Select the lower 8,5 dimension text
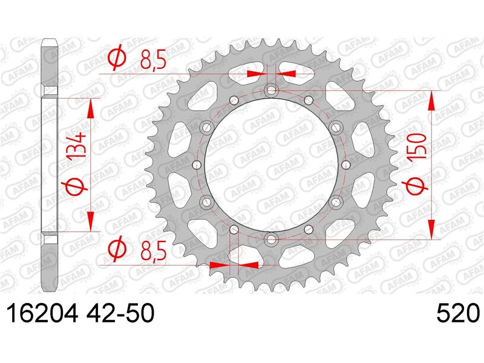click(152, 249)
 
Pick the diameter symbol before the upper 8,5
click(116, 59)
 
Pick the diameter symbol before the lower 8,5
click(116, 249)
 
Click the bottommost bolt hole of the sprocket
click(270, 240)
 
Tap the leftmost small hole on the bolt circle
click(195, 166)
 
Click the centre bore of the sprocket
click(270, 166)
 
